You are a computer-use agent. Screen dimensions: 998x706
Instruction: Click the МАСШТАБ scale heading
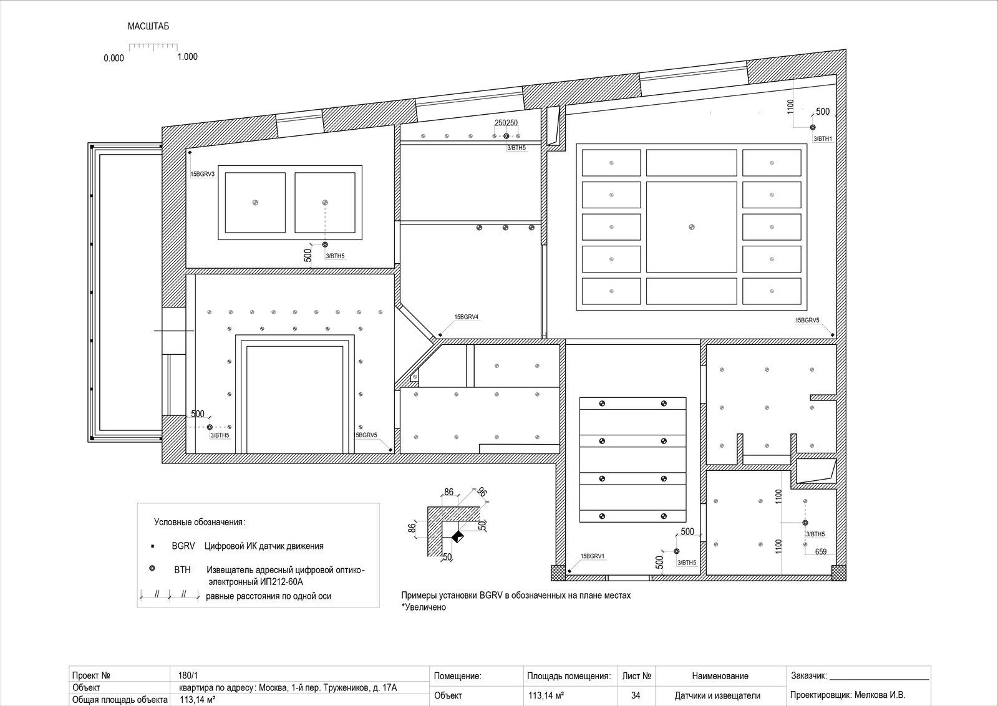[x=148, y=26]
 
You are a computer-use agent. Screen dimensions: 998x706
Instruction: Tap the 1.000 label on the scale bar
[x=188, y=57]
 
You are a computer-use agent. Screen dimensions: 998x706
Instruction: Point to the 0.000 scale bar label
[x=114, y=58]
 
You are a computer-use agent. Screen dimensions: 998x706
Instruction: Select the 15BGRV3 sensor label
[x=203, y=174]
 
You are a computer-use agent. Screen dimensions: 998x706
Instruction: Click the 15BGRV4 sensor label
[x=467, y=317]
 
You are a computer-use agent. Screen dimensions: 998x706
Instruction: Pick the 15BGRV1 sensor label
[x=593, y=556]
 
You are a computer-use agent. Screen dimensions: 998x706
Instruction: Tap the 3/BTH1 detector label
[x=823, y=139]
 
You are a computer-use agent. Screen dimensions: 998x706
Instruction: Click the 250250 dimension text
[x=506, y=122]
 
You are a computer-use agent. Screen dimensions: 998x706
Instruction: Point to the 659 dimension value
[x=821, y=551]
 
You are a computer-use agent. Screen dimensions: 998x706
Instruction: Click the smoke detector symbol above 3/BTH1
[x=813, y=127]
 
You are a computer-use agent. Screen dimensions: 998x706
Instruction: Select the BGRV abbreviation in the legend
[x=183, y=546]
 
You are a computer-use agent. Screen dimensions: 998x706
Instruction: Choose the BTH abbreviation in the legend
[x=182, y=569]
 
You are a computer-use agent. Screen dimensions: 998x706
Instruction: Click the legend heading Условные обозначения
[x=200, y=522]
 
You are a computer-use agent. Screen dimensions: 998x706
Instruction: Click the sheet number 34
[x=636, y=695]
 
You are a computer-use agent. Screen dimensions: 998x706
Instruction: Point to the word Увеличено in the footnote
[x=425, y=607]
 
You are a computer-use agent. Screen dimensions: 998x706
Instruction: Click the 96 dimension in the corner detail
[x=482, y=491]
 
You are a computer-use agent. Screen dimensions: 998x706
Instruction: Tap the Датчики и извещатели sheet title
[x=717, y=695]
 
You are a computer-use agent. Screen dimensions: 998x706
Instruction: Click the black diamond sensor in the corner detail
[x=458, y=536]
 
